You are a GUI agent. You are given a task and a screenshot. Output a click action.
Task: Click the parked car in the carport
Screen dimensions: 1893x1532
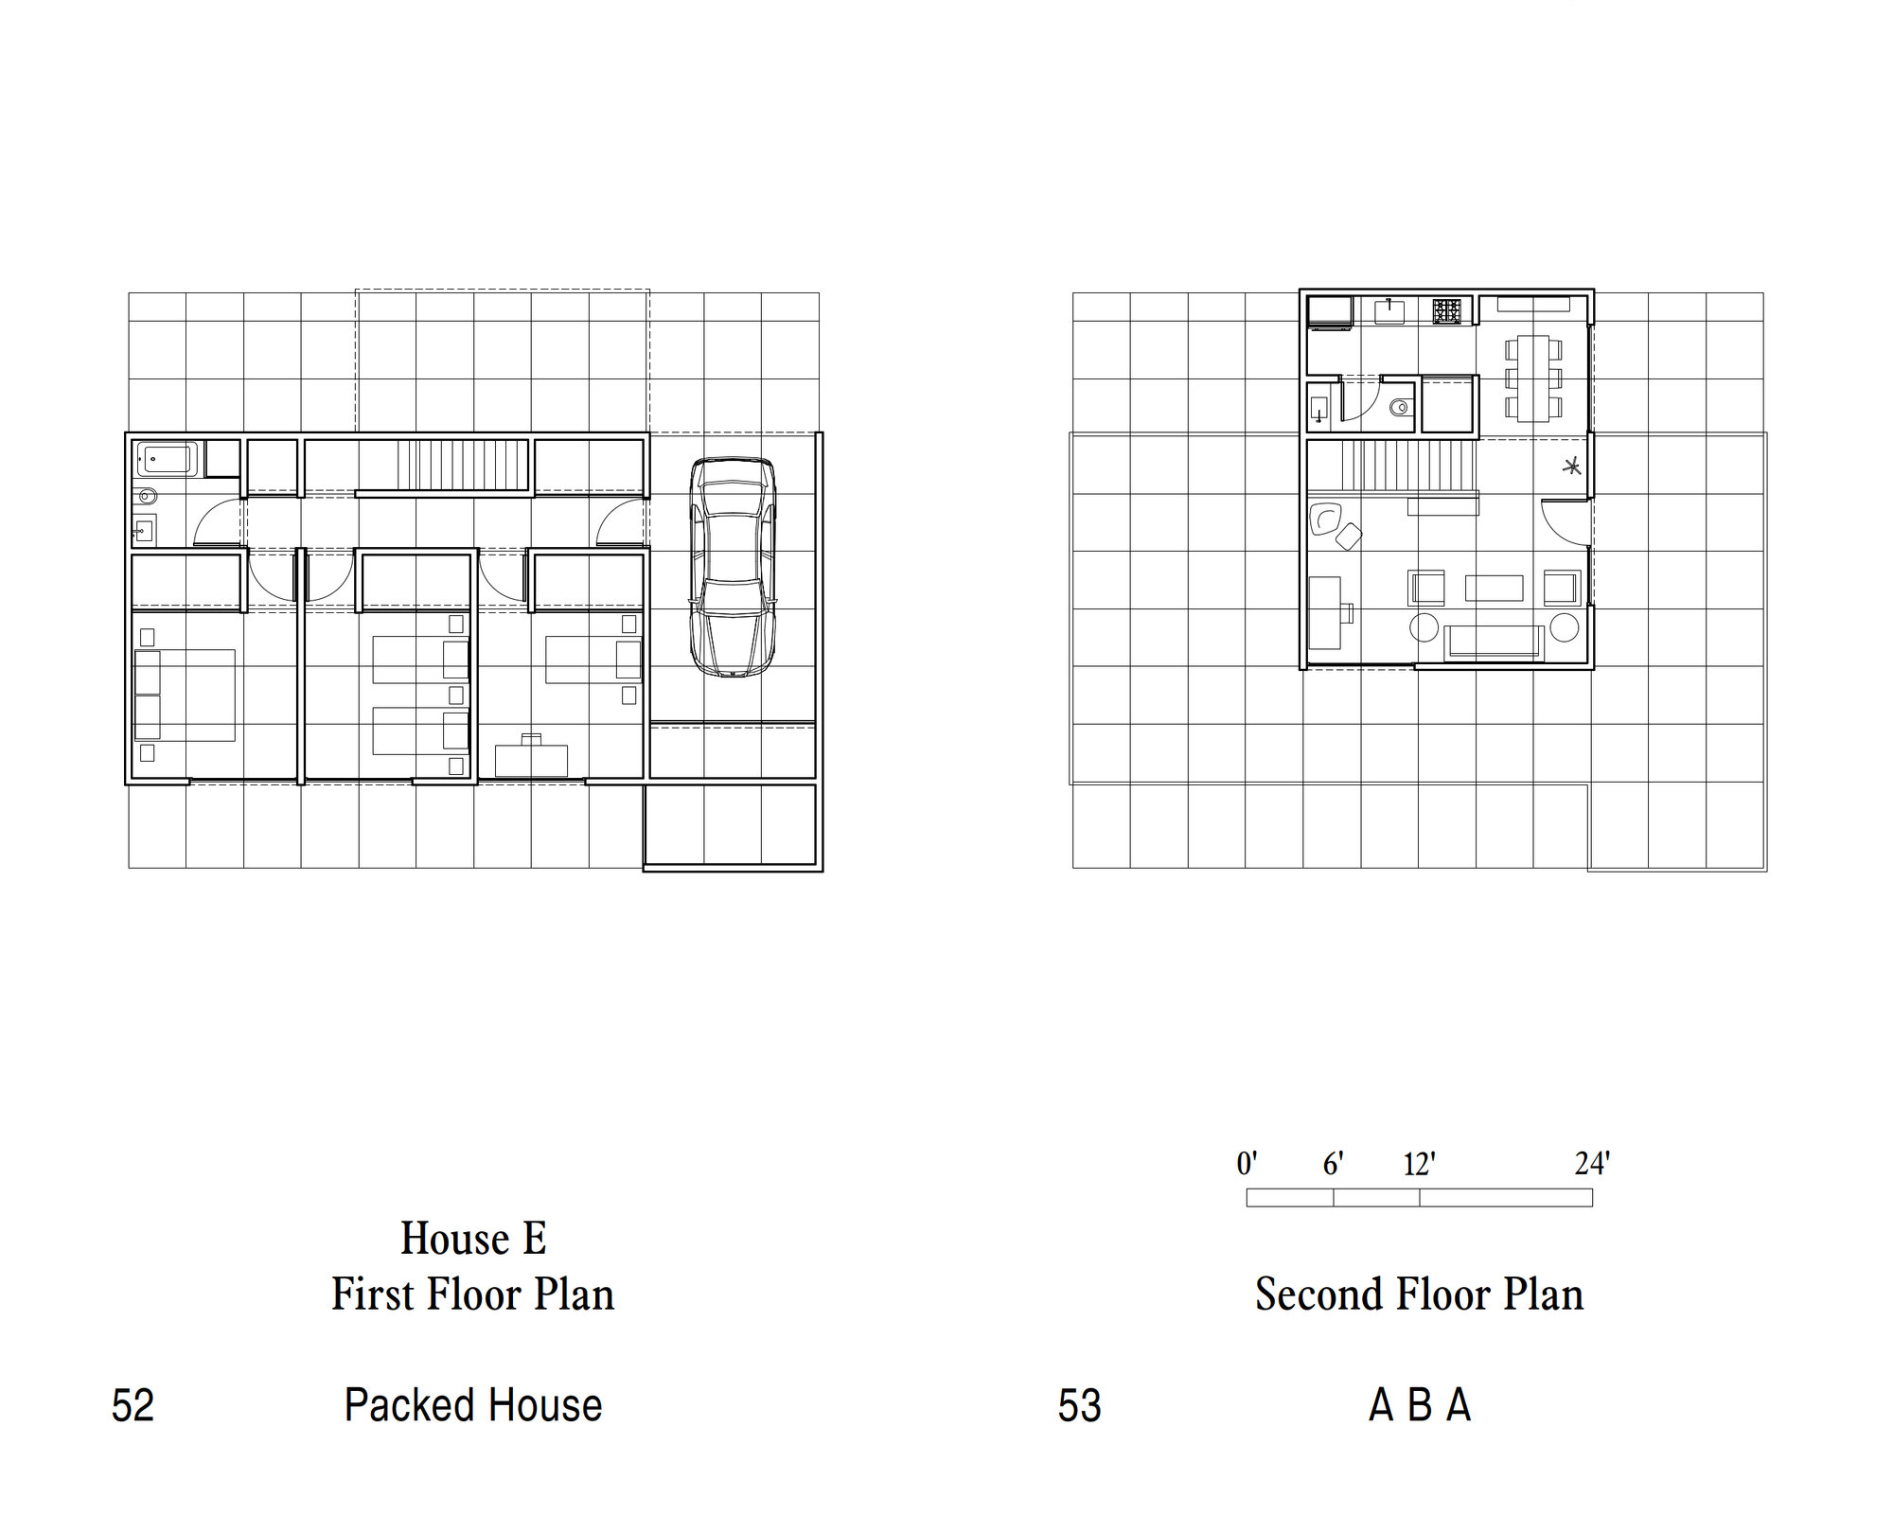point(733,567)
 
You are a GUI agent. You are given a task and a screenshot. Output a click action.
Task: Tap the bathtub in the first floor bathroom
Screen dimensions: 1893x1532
point(168,459)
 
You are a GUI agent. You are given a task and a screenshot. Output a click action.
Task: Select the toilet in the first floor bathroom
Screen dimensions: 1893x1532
point(147,495)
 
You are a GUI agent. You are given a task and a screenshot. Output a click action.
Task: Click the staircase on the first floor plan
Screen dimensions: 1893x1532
point(462,465)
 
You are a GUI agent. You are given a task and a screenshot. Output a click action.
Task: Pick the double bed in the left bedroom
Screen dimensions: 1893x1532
point(185,695)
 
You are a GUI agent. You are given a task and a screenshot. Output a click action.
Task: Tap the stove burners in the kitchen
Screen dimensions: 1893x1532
point(1445,311)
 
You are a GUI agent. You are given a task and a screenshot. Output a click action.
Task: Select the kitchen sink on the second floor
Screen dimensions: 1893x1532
point(1391,310)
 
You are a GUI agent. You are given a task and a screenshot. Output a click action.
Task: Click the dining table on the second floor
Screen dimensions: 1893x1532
point(1532,378)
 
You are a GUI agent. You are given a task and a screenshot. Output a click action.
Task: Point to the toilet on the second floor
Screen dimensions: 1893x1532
point(1400,408)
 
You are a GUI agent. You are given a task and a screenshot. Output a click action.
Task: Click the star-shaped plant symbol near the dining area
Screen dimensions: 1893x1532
point(1571,466)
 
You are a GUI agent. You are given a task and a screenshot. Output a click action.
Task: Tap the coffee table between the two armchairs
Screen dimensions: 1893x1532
point(1494,588)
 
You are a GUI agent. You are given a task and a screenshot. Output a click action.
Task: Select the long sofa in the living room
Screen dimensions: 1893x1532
point(1495,642)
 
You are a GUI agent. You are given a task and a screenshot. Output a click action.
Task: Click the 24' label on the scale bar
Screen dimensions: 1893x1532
point(1592,1163)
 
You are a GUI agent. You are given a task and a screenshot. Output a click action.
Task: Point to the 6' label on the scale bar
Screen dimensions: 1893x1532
point(1333,1163)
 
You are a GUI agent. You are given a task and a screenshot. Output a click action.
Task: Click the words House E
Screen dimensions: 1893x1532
point(473,1238)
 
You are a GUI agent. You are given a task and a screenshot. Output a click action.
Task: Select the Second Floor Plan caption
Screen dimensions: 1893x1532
point(1419,1294)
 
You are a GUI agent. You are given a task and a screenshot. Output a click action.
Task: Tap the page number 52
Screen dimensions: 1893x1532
point(133,1405)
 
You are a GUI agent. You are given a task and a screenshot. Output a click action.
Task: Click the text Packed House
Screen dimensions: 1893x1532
point(473,1405)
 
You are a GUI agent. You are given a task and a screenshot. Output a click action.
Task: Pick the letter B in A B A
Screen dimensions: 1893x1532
point(1419,1405)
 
